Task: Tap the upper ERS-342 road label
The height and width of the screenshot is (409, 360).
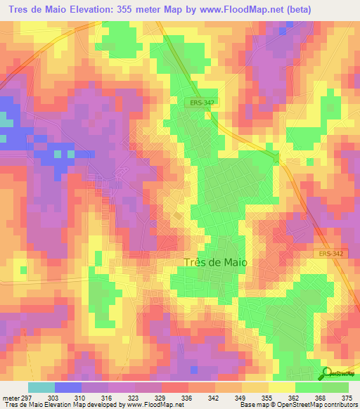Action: (202, 103)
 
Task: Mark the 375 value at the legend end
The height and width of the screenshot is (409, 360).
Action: (347, 398)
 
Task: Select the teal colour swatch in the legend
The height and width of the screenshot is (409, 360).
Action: (41, 387)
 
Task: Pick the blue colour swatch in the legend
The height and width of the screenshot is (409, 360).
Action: (68, 387)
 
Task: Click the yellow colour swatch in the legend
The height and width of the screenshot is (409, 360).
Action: (282, 387)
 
